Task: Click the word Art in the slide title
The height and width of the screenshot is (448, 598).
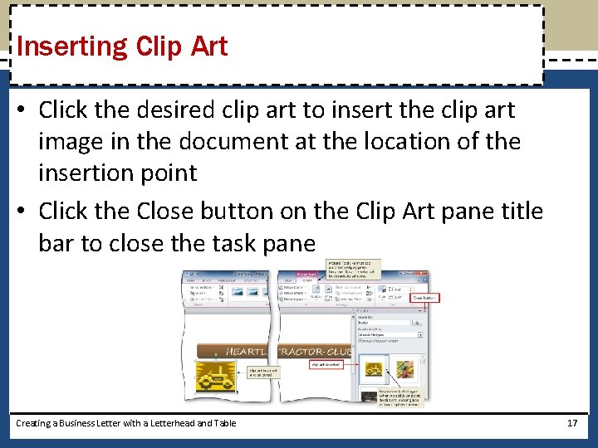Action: coord(208,46)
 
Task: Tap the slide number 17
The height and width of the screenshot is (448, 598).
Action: coord(571,423)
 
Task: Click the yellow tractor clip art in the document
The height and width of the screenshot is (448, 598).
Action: coord(216,377)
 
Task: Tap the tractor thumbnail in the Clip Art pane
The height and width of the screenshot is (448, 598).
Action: coord(375,369)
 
